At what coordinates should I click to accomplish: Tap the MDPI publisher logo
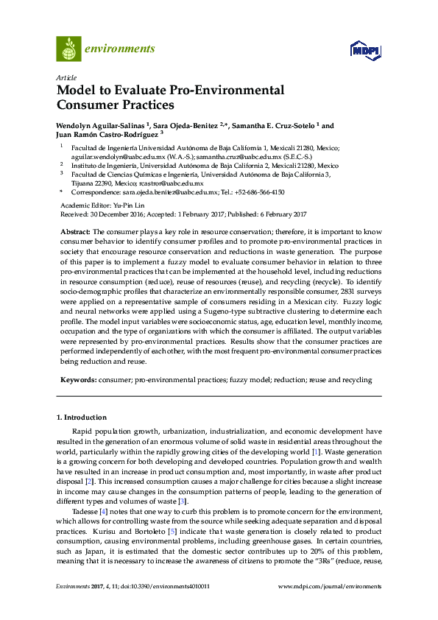click(364, 50)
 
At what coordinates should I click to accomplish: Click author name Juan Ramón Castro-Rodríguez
click(96, 135)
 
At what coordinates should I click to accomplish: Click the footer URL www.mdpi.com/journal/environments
click(330, 587)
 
